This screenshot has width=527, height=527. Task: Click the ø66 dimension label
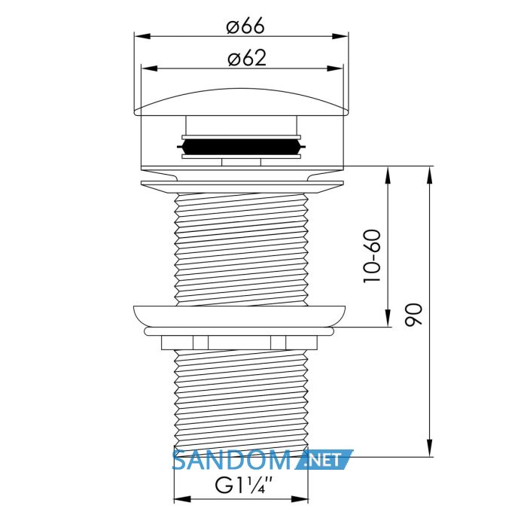coord(245,26)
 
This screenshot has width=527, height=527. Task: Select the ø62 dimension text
coord(247,58)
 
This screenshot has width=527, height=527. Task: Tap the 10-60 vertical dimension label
coord(373,256)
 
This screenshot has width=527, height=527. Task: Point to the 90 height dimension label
coord(413,315)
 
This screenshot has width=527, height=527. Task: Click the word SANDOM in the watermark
coord(231,460)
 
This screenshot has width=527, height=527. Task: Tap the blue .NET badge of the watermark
coord(323,459)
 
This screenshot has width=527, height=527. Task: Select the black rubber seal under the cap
coord(242,147)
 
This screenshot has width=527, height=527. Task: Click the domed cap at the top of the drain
coord(242,102)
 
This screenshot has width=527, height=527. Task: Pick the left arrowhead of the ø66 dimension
coord(142,36)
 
